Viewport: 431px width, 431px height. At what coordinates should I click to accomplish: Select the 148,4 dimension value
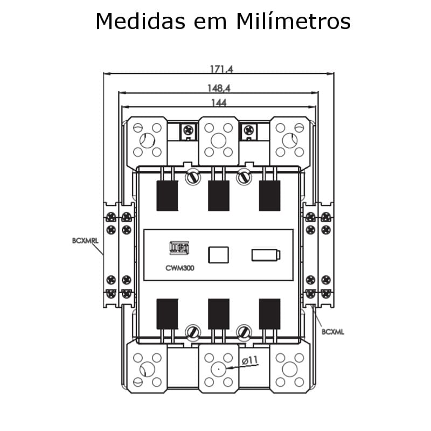click(x=218, y=87)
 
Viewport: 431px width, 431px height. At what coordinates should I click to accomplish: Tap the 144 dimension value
click(x=218, y=103)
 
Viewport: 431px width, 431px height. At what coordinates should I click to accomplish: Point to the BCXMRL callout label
click(x=85, y=241)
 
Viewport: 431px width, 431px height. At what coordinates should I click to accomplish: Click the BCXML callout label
click(x=332, y=332)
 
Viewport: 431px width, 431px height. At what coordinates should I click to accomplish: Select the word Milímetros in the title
click(x=293, y=22)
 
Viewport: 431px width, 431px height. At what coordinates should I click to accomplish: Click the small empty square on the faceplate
click(x=218, y=254)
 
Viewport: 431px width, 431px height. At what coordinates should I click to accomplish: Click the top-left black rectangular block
click(x=167, y=195)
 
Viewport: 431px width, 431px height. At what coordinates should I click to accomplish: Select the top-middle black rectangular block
click(x=218, y=195)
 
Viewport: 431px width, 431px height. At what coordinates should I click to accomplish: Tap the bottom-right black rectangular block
click(x=269, y=313)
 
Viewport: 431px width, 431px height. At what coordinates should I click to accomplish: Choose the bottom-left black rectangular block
click(x=167, y=313)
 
